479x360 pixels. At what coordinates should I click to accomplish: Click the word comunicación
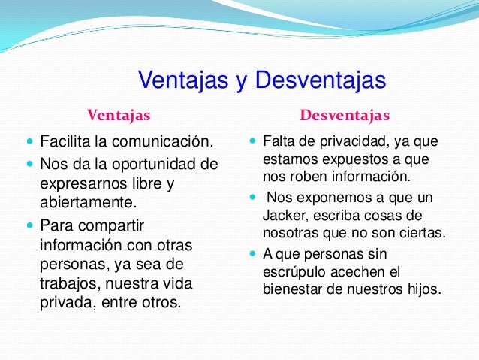(x=167, y=142)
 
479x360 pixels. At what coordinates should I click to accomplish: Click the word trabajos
(x=70, y=286)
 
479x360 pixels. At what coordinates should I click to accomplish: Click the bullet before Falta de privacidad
(x=252, y=142)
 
